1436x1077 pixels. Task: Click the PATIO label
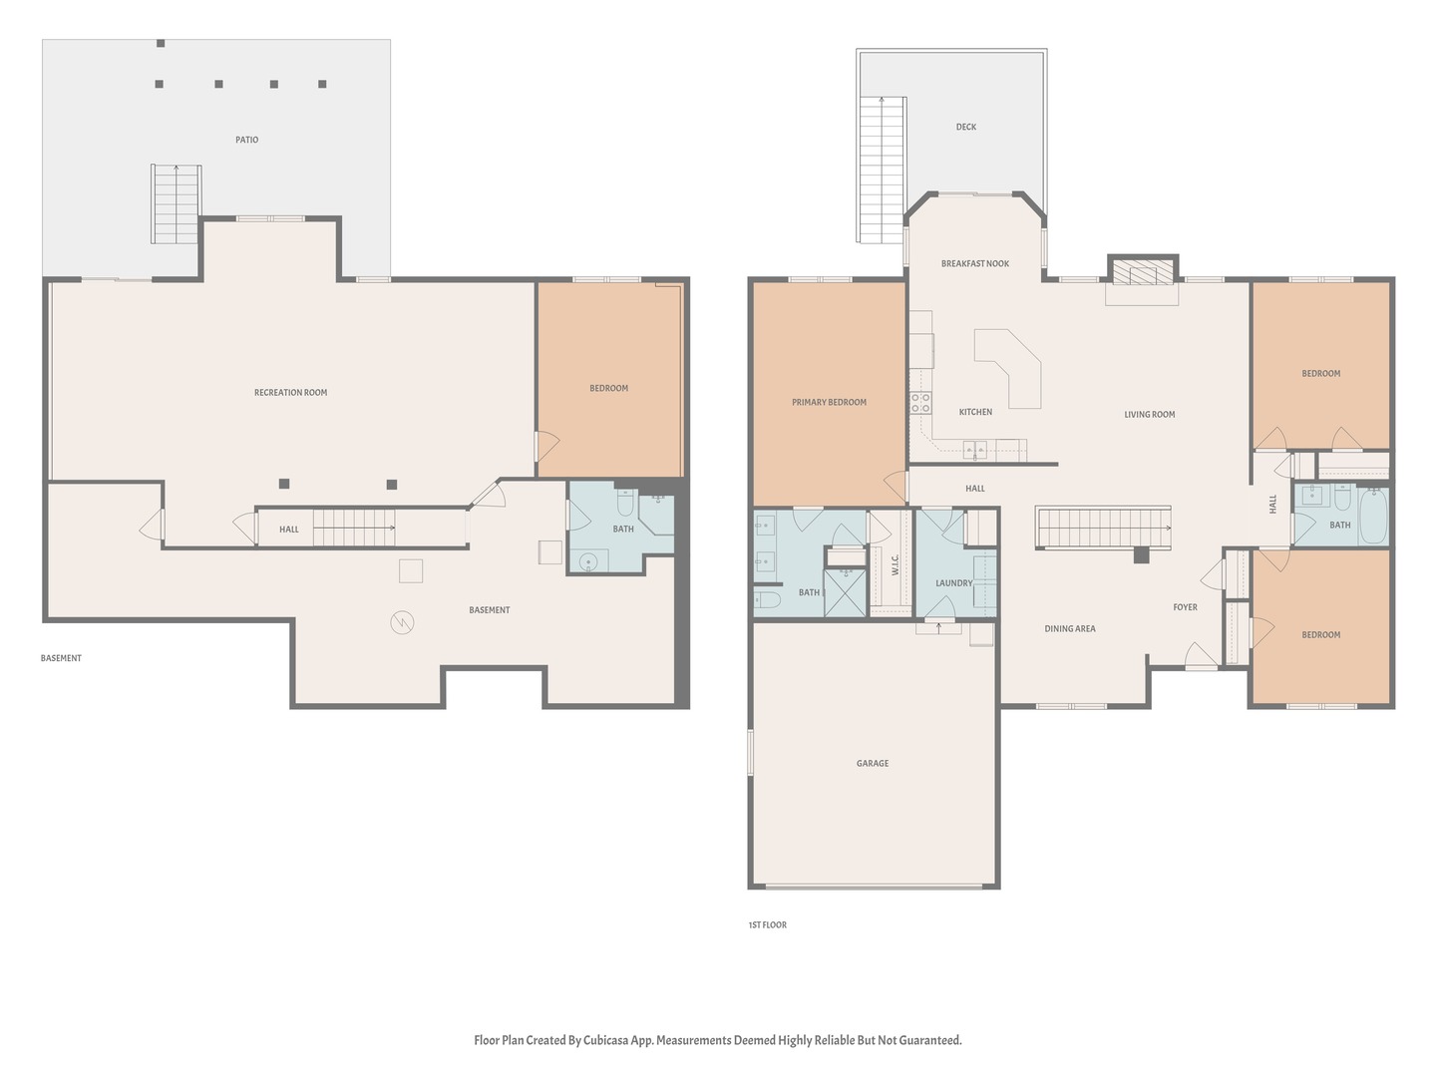point(246,140)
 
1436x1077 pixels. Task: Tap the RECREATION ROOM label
point(290,392)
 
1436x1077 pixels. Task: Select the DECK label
point(965,127)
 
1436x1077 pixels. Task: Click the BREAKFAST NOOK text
point(974,263)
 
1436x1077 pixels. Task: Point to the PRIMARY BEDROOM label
point(829,402)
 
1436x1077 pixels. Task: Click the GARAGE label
point(872,763)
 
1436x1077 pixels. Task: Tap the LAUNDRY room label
point(954,582)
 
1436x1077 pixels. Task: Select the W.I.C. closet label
point(895,565)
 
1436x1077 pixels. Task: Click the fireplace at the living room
point(1142,272)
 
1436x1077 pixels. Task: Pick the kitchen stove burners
point(920,403)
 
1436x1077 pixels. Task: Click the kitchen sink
point(974,449)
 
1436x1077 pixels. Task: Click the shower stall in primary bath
point(845,592)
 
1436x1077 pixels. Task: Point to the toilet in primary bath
point(767,601)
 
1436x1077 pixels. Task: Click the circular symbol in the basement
point(402,622)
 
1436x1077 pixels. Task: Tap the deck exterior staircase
point(882,170)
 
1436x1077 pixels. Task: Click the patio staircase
point(176,204)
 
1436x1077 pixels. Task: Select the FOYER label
point(1185,607)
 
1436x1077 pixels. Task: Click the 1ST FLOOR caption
point(768,924)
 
